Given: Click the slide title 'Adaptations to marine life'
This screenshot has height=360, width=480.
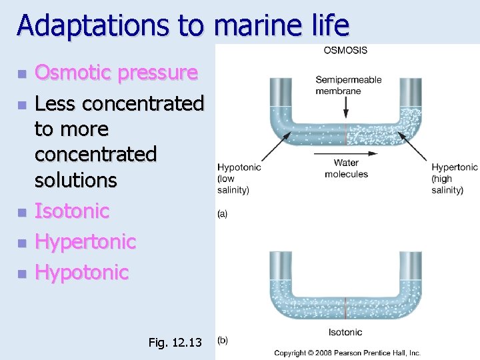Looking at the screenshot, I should pyautogui.click(x=183, y=25).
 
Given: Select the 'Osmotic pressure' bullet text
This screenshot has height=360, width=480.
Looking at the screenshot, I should pyautogui.click(x=116, y=72).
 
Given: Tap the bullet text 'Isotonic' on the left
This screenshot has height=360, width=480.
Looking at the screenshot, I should pyautogui.click(x=72, y=211).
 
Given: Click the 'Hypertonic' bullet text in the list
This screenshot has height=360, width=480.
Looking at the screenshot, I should pyautogui.click(x=85, y=241).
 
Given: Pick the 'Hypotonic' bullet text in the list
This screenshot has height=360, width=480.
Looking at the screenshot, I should pyautogui.click(x=81, y=272).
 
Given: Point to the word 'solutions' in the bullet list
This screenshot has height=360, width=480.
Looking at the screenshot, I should pyautogui.click(x=76, y=180).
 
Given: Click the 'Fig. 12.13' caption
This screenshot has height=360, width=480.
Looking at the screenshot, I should pyautogui.click(x=175, y=343).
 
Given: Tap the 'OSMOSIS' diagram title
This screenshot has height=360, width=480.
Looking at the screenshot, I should pyautogui.click(x=345, y=51).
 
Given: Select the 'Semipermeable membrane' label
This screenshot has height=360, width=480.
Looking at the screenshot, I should pyautogui.click(x=348, y=85).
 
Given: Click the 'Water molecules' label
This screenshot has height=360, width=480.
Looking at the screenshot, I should pyautogui.click(x=346, y=169).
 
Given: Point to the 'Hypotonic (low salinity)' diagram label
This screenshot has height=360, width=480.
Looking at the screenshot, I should pyautogui.click(x=239, y=179).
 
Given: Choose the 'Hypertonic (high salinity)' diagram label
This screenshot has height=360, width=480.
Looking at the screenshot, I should pyautogui.click(x=454, y=179).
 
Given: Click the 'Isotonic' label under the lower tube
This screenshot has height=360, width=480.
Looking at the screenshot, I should pyautogui.click(x=345, y=331).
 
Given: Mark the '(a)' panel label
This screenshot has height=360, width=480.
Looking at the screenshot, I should pyautogui.click(x=223, y=214).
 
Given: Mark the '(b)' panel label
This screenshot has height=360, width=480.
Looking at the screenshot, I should pyautogui.click(x=223, y=340).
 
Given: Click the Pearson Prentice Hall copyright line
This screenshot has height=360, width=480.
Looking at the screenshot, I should pyautogui.click(x=348, y=353).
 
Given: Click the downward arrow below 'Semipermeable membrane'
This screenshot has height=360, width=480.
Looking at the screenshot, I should pyautogui.click(x=345, y=107).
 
